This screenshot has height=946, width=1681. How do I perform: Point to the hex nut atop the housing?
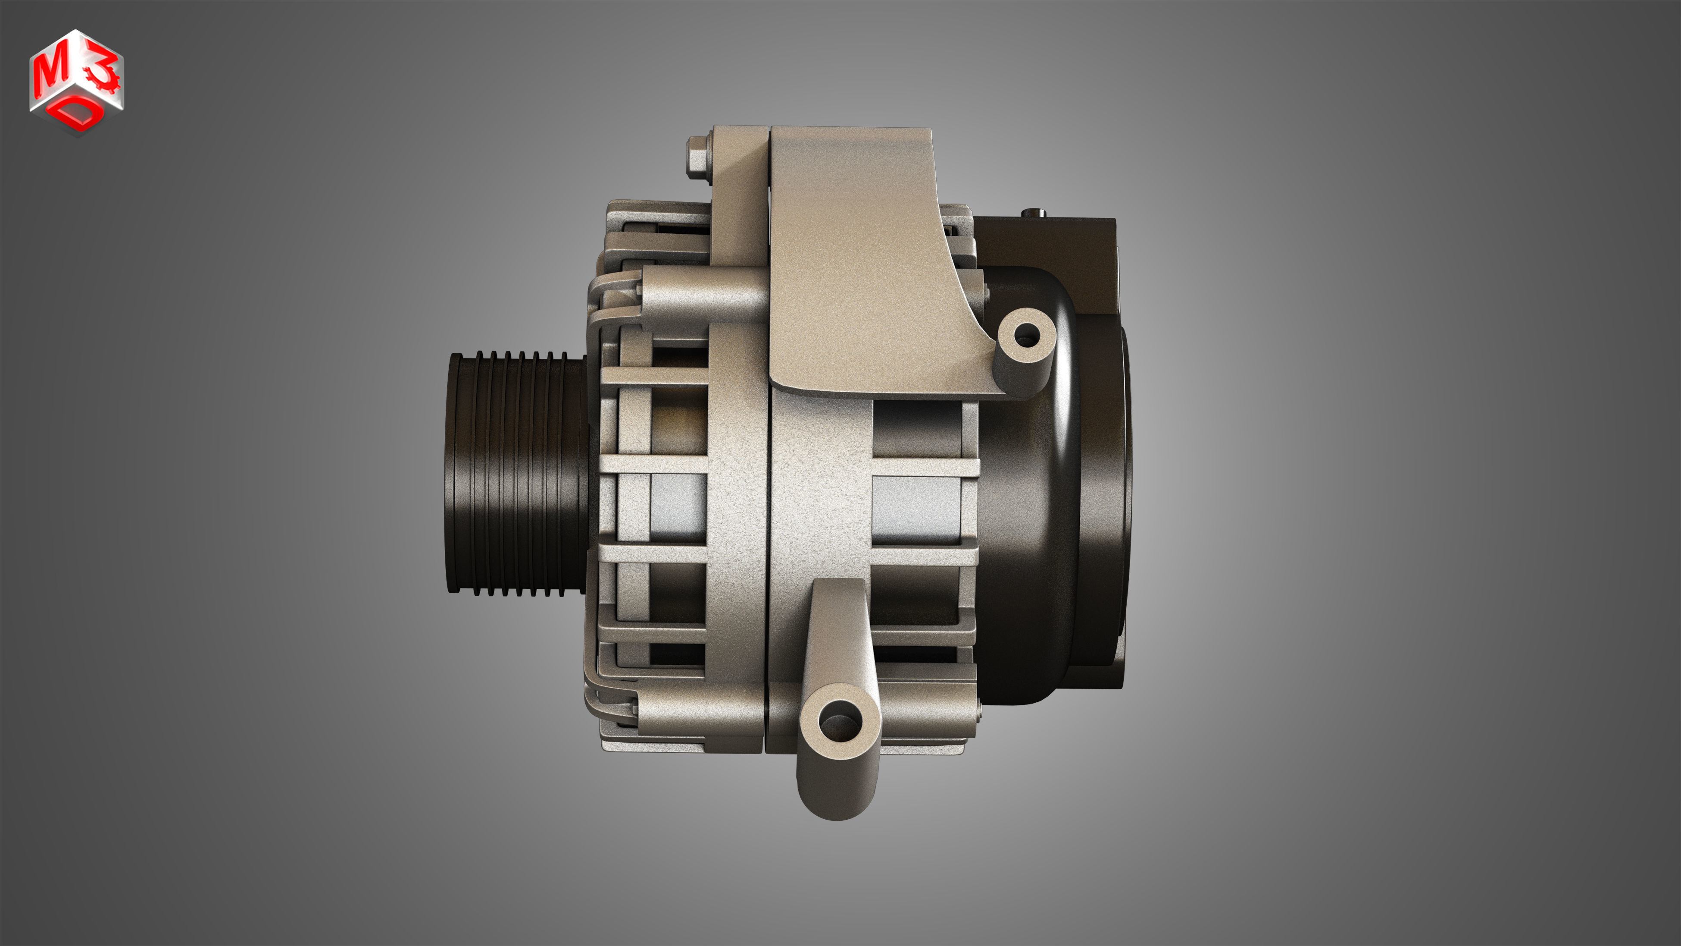pyautogui.click(x=698, y=157)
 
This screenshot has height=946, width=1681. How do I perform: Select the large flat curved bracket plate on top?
pyautogui.click(x=861, y=261)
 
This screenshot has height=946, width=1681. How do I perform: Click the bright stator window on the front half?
pyautogui.click(x=679, y=506)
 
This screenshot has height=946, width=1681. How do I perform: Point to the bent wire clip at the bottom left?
pyautogui.click(x=603, y=698)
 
